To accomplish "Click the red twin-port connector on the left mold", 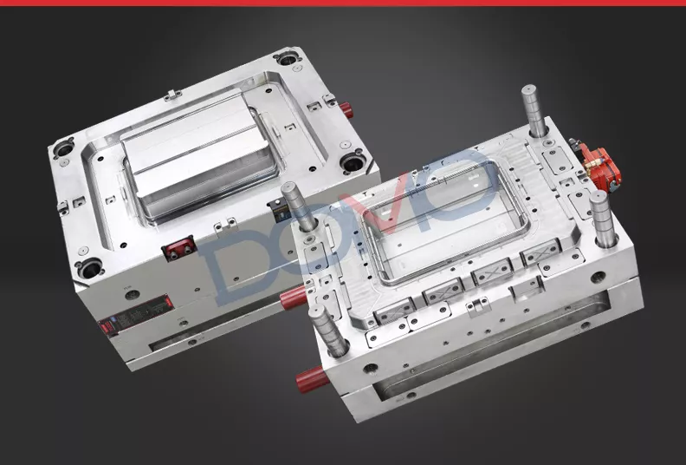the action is pos(178,248).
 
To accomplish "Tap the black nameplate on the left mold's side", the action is pos(136,313).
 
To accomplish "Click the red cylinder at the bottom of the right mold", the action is pos(314,379).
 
